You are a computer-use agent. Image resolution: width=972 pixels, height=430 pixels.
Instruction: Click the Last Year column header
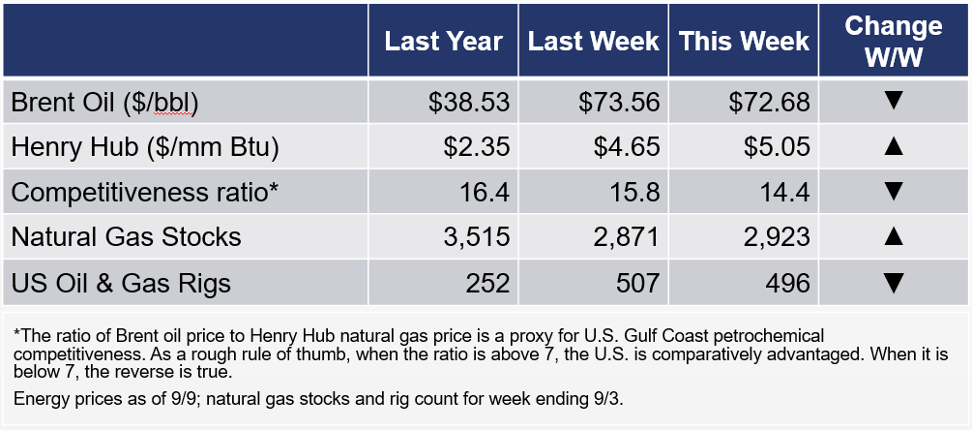pos(443,41)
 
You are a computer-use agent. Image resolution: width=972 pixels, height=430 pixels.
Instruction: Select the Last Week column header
pos(593,41)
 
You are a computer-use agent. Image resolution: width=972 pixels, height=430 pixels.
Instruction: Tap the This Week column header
pos(744,41)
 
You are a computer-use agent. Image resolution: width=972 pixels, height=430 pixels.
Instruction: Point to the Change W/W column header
pos(894,41)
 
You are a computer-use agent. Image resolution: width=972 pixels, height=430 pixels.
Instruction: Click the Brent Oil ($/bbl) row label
pos(104,103)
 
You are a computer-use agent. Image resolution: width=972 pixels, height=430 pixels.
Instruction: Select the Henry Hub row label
pos(145,147)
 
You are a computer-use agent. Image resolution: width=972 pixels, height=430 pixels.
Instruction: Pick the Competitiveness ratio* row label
pos(144,193)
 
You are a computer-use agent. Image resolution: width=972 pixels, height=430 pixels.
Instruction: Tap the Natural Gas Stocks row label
pos(126,237)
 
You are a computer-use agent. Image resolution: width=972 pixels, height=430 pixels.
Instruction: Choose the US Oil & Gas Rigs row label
pos(121,283)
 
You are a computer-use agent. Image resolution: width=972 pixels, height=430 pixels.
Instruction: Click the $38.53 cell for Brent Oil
pos(469,103)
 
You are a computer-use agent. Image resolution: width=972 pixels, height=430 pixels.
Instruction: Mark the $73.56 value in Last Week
pos(619,103)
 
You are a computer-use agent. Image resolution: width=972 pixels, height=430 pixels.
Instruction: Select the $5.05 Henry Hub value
pos(777,147)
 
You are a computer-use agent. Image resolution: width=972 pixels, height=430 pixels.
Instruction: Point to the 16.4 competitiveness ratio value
pos(484,193)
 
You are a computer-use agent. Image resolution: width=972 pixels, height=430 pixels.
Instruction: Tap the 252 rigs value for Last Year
pos(487,283)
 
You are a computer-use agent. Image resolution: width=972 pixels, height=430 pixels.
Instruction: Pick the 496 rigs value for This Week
pos(788,283)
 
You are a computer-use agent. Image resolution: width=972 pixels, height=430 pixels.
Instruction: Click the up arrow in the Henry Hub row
pos(894,146)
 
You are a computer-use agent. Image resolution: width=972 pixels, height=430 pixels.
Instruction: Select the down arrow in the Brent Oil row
pos(894,101)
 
